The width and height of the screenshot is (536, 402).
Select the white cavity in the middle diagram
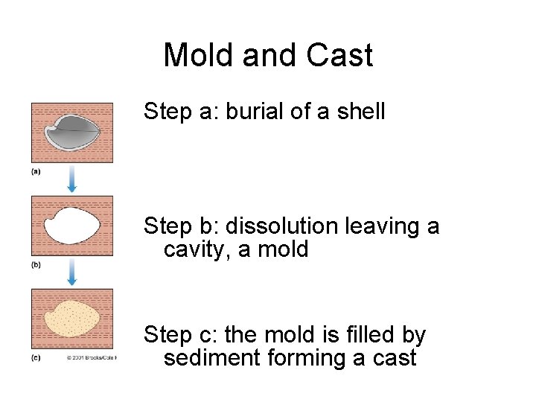point(72,226)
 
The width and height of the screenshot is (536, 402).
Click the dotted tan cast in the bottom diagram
point(72,319)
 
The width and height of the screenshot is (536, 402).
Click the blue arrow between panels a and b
point(72,179)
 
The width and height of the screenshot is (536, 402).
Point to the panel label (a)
point(36,171)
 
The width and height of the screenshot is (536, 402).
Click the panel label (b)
point(36,264)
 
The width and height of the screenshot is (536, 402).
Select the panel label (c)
point(36,357)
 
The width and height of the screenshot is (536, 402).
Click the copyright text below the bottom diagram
point(91,357)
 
